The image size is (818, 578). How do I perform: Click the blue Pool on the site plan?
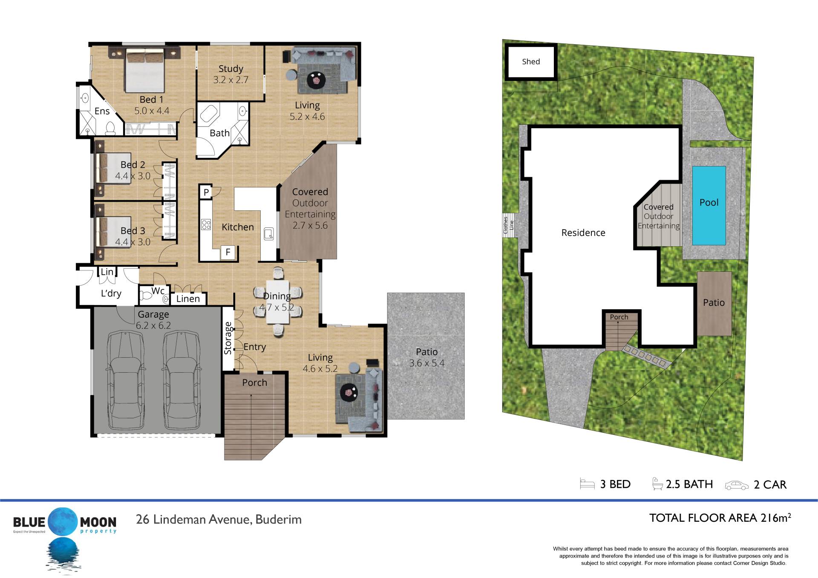709,205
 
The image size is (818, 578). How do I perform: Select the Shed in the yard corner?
531,62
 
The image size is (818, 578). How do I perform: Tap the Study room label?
231,69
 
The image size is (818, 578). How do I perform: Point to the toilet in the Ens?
110,128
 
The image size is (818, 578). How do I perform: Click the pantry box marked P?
206,192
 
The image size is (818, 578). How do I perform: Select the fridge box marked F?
228,252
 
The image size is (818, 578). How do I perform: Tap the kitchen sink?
269,234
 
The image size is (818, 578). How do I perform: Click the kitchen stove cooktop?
206,224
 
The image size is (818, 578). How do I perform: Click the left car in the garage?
126,380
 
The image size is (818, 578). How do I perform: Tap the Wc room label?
158,291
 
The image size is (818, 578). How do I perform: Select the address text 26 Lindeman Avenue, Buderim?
219,520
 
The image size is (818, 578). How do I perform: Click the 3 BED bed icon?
587,484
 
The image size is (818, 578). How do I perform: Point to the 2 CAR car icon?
737,485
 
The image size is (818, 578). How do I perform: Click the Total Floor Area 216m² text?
720,518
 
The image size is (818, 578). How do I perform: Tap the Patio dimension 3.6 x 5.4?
427,363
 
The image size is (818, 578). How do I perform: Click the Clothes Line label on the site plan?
509,224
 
